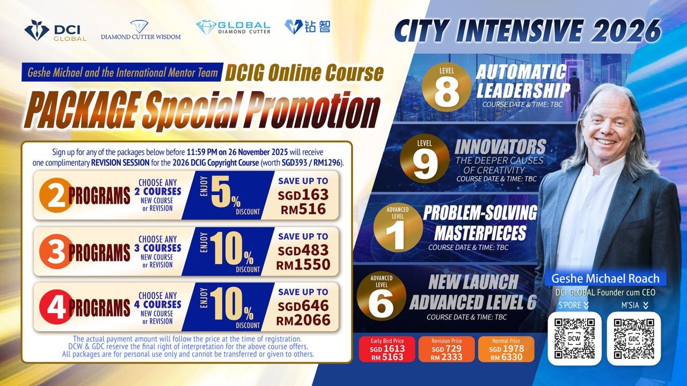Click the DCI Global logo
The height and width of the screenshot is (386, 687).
coord(55,31)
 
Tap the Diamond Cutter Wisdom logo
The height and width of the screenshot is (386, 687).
coord(141,30)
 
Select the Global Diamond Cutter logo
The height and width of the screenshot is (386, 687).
coord(233,27)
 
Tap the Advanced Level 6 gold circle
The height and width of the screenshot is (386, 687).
coord(382,296)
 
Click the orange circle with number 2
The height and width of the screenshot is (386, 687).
coord(55,196)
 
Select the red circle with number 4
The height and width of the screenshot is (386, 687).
coord(55,307)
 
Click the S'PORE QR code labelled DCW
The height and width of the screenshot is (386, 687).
coord(574,338)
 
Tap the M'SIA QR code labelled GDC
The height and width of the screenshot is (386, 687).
coord(634,338)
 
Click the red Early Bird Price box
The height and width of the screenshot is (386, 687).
coord(387,349)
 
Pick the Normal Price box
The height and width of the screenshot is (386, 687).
coord(506,349)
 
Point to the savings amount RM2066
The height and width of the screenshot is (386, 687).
coord(303,321)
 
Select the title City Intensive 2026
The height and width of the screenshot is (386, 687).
coord(527,31)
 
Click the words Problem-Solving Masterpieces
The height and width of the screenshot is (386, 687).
coord(480,222)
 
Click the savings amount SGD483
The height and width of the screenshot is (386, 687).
coord(303,251)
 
